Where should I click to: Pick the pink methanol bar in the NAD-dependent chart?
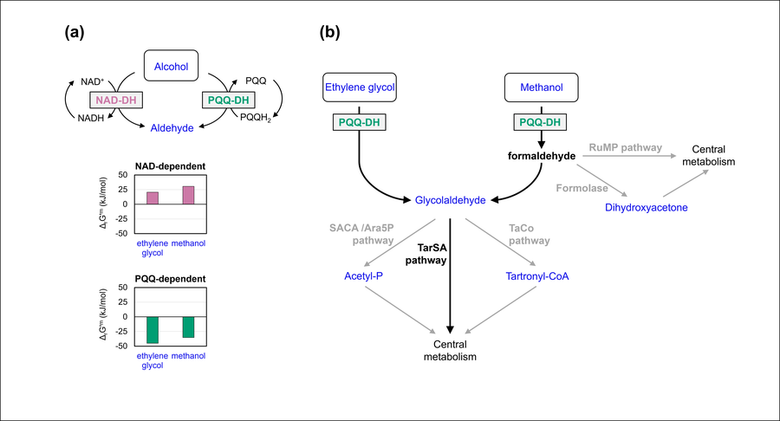pos(188,195)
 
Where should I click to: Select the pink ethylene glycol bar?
pos(153,198)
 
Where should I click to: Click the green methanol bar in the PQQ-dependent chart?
pos(188,327)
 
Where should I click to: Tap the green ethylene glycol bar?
pos(153,330)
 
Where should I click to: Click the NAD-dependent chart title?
pos(169,165)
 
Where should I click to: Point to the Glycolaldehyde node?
pos(449,199)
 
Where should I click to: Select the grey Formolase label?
pos(582,185)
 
